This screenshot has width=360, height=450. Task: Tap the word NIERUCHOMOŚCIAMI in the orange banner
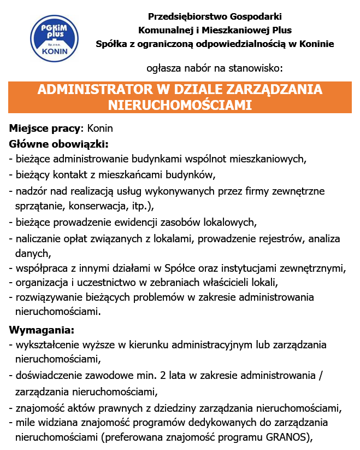[x=180, y=104]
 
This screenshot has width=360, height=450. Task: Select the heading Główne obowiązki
[x=58, y=144]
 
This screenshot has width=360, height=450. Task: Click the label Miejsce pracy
[x=45, y=129]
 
